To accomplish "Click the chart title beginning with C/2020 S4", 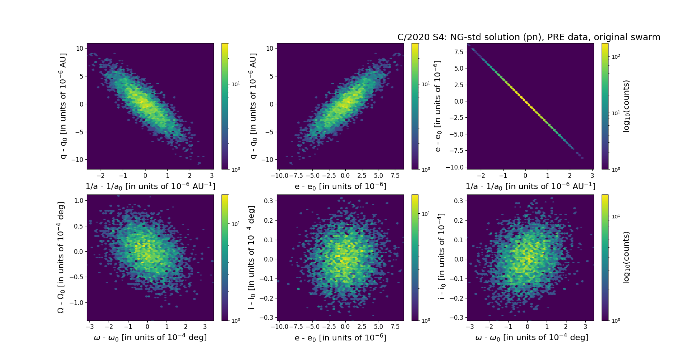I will pyautogui.click(x=528, y=37).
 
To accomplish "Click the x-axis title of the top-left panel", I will pyautogui.click(x=150, y=186).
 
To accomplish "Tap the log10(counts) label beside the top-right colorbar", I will pyautogui.click(x=626, y=106).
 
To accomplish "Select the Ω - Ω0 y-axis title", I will pyautogui.click(x=61, y=258).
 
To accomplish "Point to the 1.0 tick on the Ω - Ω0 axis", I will pyautogui.click(x=79, y=201).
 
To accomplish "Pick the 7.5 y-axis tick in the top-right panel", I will pyautogui.click(x=459, y=52).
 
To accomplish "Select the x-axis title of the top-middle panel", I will pyautogui.click(x=340, y=186).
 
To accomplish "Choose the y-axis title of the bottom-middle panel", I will pyautogui.click(x=252, y=258).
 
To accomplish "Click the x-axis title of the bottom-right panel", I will pyautogui.click(x=531, y=338).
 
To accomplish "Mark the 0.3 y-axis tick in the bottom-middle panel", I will pyautogui.click(x=268, y=201).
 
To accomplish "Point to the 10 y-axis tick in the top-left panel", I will pyautogui.click(x=80, y=49).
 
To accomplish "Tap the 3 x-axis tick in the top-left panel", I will pyautogui.click(x=212, y=176).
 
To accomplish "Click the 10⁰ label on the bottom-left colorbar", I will pyautogui.click(x=236, y=321).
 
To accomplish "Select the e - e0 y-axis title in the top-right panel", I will pyautogui.click(x=438, y=106).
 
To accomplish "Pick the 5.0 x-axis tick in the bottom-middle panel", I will pyautogui.click(x=378, y=327).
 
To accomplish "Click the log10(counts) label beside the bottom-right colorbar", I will pyautogui.click(x=626, y=258).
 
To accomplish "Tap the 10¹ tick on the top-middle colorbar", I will pyautogui.click(x=426, y=84).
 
